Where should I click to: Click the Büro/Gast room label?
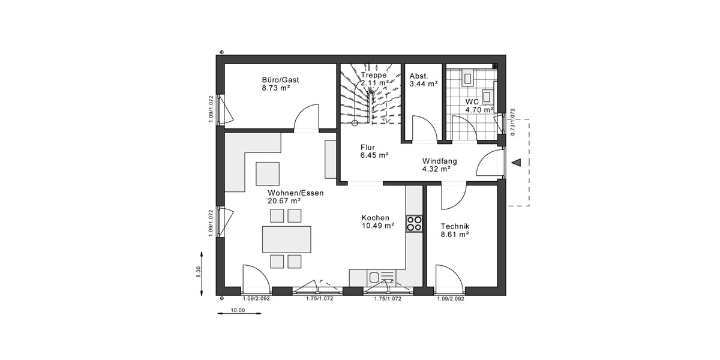pos(280,80)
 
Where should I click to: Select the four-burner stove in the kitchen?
pos(414,223)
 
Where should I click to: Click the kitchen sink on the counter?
pos(375,277)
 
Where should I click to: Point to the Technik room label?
pos(454,226)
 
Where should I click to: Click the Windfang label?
pos(439,161)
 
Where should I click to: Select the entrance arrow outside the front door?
pos(515,161)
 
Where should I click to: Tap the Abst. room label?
pos(418,76)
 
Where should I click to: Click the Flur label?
pos(367,147)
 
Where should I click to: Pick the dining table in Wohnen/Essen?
pos(286,239)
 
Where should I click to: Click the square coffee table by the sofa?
pos(268,173)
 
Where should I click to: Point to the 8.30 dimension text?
pos(199,272)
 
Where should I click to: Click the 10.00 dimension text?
pos(238,310)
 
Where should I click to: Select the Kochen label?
pos(375,218)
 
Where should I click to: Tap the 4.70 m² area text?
pos(479,110)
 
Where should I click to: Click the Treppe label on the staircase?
pos(373,75)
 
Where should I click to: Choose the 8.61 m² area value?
pos(454,235)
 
